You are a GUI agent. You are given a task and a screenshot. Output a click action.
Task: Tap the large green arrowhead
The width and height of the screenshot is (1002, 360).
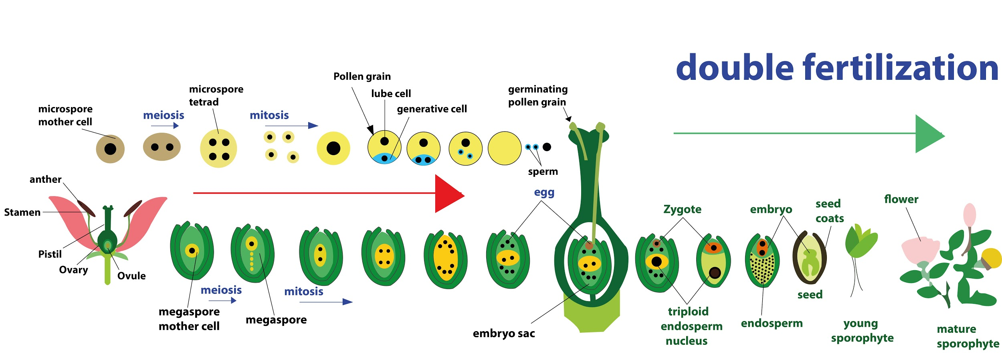click(x=928, y=134)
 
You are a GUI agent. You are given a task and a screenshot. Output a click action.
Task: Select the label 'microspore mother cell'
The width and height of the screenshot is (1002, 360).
click(x=65, y=115)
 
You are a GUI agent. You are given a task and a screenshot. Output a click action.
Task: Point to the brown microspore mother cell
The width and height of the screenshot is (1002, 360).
click(x=110, y=149)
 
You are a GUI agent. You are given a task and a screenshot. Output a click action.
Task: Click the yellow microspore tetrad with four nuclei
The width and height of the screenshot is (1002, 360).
click(x=218, y=148)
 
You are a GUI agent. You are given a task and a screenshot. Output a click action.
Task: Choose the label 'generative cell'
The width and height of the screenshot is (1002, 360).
click(x=432, y=109)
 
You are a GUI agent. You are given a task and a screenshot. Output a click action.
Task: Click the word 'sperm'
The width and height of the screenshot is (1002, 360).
click(x=543, y=172)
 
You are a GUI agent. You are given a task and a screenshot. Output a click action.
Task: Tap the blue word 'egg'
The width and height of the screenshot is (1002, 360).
click(x=544, y=192)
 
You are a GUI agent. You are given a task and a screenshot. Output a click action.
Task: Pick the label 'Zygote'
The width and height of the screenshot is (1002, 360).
click(x=682, y=209)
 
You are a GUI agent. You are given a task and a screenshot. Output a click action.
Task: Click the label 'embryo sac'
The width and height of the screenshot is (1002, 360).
click(x=504, y=334)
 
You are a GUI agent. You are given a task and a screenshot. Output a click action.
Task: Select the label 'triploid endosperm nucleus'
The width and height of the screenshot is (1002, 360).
click(x=691, y=326)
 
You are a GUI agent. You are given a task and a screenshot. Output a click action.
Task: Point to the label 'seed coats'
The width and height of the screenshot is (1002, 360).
click(x=829, y=211)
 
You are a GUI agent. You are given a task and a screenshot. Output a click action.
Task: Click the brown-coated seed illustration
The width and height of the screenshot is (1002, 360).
click(x=810, y=258)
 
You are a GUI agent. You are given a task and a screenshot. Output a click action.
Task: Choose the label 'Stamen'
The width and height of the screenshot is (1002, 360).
click(x=22, y=212)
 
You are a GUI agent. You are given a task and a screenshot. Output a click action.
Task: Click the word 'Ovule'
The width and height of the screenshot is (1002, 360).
click(x=131, y=276)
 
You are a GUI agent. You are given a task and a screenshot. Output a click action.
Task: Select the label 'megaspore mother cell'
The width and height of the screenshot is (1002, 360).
click(x=189, y=319)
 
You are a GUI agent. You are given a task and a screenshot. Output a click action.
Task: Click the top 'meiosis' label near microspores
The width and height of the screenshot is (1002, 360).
click(x=164, y=115)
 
